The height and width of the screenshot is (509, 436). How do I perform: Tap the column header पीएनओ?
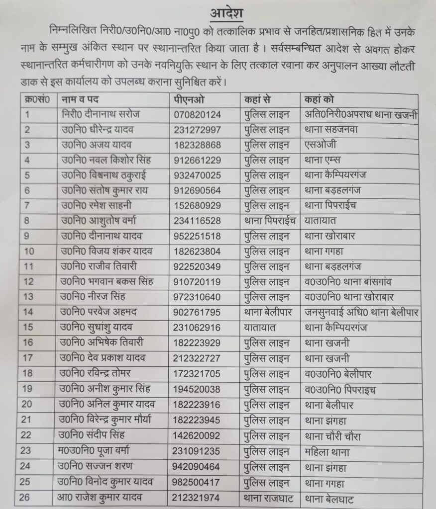189,99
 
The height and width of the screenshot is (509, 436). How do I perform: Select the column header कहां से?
257,99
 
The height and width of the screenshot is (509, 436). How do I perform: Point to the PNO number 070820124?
197,115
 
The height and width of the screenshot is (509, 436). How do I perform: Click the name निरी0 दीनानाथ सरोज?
98,114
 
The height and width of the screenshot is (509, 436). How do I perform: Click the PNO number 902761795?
197,313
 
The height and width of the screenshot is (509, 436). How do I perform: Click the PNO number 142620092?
197,436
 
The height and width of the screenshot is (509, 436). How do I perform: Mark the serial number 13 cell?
29,297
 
